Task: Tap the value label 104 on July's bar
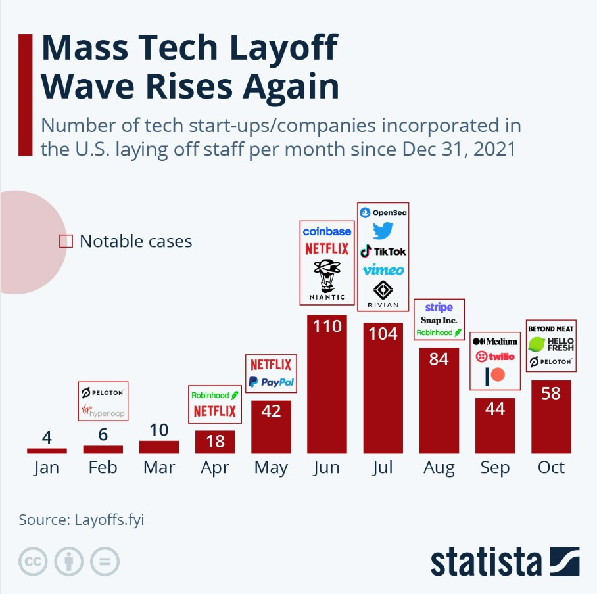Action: click(383, 334)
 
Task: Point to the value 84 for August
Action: click(439, 359)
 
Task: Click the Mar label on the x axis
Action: click(159, 467)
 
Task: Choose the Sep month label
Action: click(494, 467)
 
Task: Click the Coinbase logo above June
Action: click(327, 231)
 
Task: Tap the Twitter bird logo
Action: click(383, 231)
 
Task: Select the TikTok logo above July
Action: click(383, 251)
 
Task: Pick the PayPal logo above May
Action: click(271, 382)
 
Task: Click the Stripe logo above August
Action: click(439, 308)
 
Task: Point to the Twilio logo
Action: click(494, 356)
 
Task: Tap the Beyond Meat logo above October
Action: click(551, 329)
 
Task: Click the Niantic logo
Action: click(327, 279)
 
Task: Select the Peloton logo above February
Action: click(103, 393)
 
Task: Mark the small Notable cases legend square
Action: click(66, 241)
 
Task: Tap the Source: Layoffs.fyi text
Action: click(81, 520)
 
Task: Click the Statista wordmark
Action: click(487, 562)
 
